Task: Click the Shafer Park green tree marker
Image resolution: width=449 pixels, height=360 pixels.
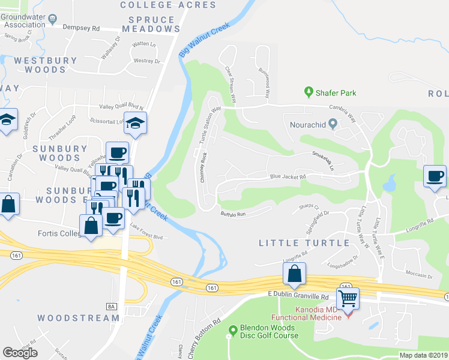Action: (309, 92)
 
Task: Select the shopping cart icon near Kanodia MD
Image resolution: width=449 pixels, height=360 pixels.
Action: (348, 298)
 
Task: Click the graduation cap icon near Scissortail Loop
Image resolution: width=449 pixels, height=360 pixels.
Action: (135, 124)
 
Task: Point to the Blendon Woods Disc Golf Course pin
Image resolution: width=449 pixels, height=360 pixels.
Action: (234, 330)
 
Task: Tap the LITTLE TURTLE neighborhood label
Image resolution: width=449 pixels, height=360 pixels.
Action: (304, 243)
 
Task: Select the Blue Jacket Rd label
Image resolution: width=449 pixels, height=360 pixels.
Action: (288, 177)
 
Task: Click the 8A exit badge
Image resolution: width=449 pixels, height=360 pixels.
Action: (111, 307)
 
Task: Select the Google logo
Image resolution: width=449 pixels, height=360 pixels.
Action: (20, 353)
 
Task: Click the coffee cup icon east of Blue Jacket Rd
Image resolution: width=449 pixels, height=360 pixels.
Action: (435, 176)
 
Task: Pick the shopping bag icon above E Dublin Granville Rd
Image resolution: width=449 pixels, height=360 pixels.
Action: (294, 274)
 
